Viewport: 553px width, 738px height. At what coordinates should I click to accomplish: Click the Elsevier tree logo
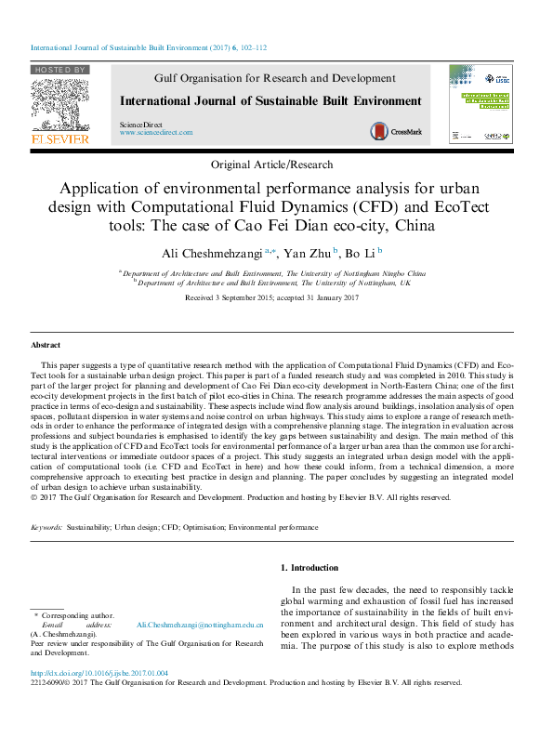(59, 104)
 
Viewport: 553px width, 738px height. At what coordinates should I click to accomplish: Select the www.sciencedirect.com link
(155, 133)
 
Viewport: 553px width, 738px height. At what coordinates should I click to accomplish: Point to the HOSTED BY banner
(59, 70)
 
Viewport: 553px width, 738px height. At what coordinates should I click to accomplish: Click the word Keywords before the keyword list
(46, 527)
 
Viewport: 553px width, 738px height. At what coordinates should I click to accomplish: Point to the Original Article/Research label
(271, 165)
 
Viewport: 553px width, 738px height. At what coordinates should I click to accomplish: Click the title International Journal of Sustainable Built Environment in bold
(270, 101)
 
